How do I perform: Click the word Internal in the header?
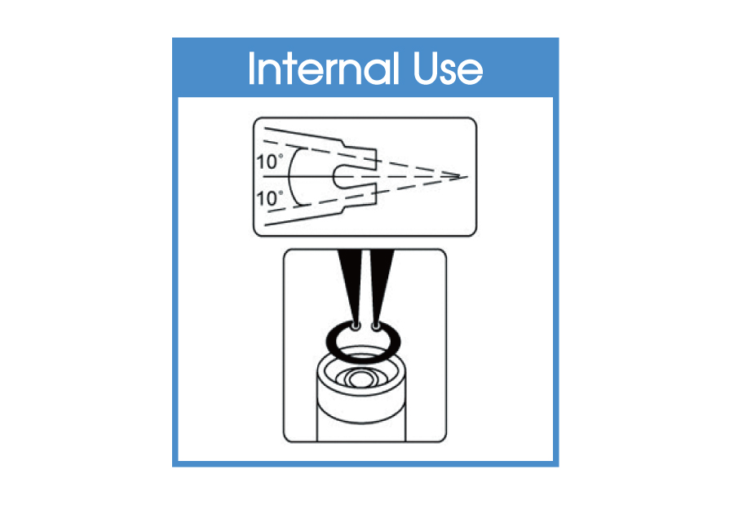(324, 69)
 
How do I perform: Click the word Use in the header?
(448, 69)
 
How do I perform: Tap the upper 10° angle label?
(270, 162)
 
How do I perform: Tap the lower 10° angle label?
(270, 198)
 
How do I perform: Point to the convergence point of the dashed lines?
(466, 177)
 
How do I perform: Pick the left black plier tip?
(350, 286)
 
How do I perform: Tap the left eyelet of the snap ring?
(356, 326)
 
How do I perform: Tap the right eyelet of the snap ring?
(375, 326)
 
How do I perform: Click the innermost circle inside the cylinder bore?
(362, 379)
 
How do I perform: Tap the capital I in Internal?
(251, 69)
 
